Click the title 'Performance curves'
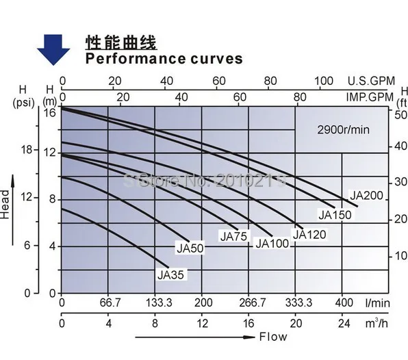click(x=164, y=59)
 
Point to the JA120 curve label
click(x=309, y=234)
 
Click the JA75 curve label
click(x=233, y=237)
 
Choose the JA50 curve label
click(x=190, y=248)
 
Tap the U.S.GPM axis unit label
click(x=371, y=81)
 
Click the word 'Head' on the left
click(x=6, y=204)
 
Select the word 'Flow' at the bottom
click(x=273, y=337)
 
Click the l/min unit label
click(x=377, y=303)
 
